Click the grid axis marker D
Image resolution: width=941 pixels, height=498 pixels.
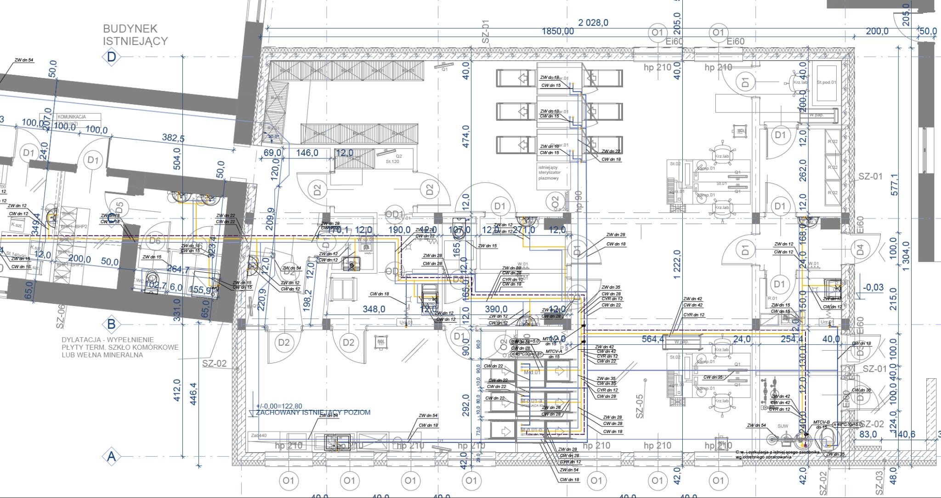(x=111, y=57)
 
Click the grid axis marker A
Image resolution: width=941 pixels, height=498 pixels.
(x=111, y=457)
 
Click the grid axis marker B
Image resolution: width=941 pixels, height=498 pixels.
(x=111, y=324)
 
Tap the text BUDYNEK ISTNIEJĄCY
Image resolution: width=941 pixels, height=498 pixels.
(x=135, y=35)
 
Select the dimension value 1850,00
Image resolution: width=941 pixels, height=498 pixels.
(x=558, y=31)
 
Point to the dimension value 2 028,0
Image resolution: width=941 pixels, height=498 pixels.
(x=593, y=22)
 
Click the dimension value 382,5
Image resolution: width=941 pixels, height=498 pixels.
(x=173, y=137)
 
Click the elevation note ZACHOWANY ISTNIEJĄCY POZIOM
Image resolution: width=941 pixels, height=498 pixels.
(x=313, y=412)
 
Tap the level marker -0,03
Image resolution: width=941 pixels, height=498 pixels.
(x=873, y=287)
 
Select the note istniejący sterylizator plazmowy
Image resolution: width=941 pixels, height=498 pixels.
(x=549, y=173)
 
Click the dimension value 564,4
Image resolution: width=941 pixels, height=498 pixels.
(x=653, y=339)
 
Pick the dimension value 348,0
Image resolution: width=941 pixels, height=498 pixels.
(x=374, y=309)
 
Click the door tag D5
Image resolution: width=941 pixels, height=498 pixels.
(x=119, y=205)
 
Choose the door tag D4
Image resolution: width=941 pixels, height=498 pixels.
(x=860, y=250)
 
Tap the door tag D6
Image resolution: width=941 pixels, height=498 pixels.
(x=155, y=241)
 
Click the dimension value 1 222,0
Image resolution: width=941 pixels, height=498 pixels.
(x=676, y=264)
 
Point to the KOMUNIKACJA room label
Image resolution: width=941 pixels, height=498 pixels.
(x=72, y=117)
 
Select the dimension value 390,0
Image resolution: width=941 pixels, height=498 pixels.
(x=496, y=309)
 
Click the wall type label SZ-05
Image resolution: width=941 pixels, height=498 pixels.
(x=639, y=406)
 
